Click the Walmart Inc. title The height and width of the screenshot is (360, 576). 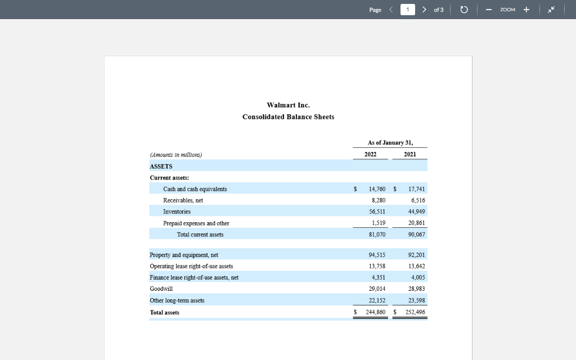tap(288, 105)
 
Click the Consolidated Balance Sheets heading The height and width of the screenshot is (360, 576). tap(288, 117)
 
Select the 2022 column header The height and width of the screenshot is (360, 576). tap(370, 154)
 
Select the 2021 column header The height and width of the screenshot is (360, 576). tap(410, 154)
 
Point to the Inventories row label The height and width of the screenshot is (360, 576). tap(177, 211)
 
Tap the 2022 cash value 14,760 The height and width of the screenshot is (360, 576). tap(377, 189)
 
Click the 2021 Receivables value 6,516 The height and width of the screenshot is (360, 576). tap(418, 200)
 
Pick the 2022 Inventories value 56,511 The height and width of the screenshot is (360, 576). tap(377, 211)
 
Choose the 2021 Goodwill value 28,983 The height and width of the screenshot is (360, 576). tap(417, 289)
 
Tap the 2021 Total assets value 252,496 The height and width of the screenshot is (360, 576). tap(415, 312)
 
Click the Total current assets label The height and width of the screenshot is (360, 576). tap(200, 235)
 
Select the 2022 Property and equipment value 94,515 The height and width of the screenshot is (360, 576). tap(377, 255)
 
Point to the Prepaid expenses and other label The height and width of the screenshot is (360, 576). tap(196, 223)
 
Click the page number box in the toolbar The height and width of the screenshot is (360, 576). tap(408, 10)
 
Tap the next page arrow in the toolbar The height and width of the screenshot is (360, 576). tap(424, 10)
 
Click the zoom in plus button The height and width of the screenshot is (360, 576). tap(526, 10)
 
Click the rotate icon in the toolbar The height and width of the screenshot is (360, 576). tap(464, 10)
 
